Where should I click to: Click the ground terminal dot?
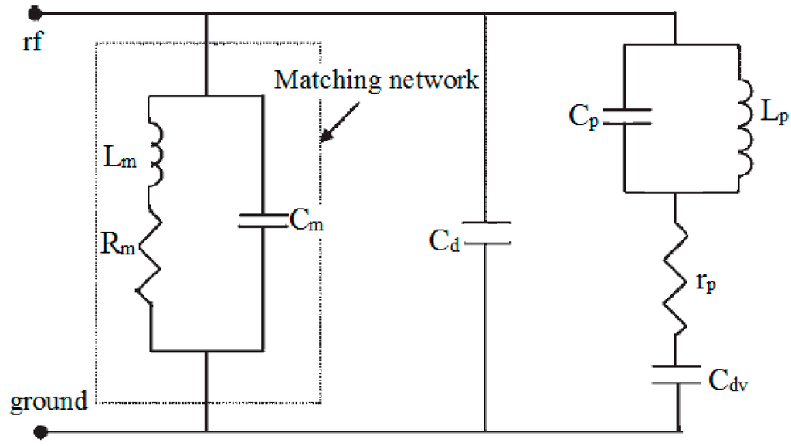pos(46,431)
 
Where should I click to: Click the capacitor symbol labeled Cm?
pos(263,221)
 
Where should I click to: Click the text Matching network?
pos(378,80)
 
